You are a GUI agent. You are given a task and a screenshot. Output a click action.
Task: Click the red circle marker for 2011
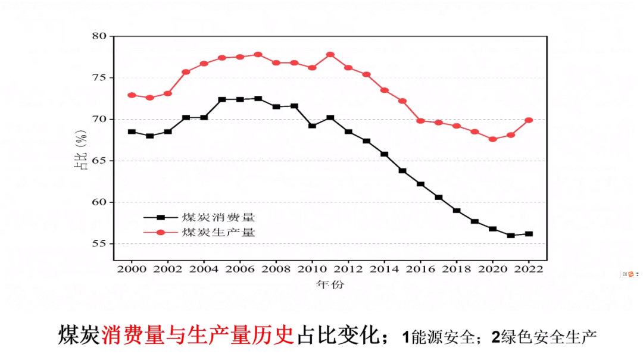pyautogui.click(x=330, y=55)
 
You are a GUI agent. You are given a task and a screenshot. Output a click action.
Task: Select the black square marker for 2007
pyautogui.click(x=258, y=99)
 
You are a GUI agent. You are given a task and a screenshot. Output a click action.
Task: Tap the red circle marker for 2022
pyautogui.click(x=529, y=120)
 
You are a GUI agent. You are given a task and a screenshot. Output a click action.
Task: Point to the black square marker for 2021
pyautogui.click(x=511, y=236)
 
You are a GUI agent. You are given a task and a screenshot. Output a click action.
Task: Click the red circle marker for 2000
pyautogui.click(x=132, y=95)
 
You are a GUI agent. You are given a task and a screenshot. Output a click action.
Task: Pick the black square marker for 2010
pyautogui.click(x=312, y=126)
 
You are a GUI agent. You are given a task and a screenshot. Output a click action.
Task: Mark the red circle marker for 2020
pyautogui.click(x=492, y=139)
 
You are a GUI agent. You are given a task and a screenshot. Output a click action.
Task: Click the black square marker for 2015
pyautogui.click(x=402, y=171)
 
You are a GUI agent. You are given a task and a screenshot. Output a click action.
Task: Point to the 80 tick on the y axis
pyautogui.click(x=99, y=36)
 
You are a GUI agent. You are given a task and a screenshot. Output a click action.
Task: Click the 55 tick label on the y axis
pyautogui.click(x=99, y=244)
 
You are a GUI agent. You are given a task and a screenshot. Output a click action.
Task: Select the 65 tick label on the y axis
pyautogui.click(x=99, y=161)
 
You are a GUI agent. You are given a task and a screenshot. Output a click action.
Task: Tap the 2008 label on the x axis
pyautogui.click(x=276, y=268)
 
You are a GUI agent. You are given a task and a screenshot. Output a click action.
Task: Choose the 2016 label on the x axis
pyautogui.click(x=420, y=268)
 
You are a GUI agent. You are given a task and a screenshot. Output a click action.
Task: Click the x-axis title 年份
pyautogui.click(x=330, y=284)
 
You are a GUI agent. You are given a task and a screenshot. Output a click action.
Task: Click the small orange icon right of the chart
pyautogui.click(x=628, y=274)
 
